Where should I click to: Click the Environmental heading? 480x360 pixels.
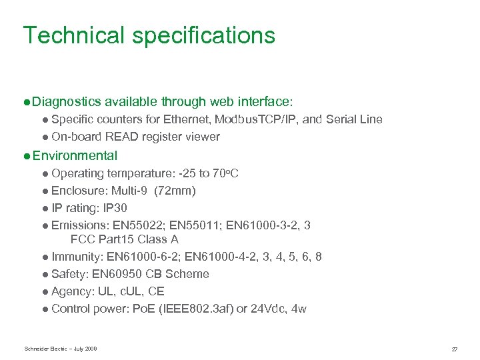(75, 156)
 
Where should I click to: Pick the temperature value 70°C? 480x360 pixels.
(226, 173)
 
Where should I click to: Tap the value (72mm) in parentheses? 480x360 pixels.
(175, 191)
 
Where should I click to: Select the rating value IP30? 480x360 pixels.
(113, 208)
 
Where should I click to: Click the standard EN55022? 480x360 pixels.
(133, 225)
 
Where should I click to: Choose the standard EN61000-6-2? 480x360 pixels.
(142, 257)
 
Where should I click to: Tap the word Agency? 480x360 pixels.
(71, 291)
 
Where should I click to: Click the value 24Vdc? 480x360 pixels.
(265, 309)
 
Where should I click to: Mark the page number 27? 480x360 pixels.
(454, 349)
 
